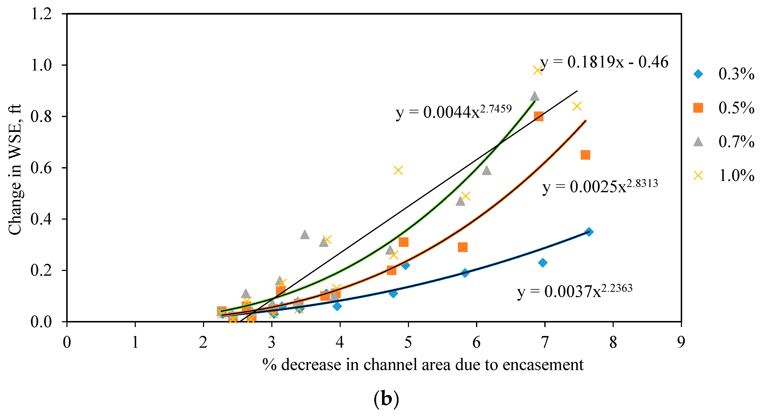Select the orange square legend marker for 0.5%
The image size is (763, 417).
click(x=698, y=108)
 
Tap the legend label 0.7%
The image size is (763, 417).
click(x=736, y=142)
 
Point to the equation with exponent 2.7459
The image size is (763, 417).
click(x=453, y=112)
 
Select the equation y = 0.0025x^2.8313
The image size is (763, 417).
click(x=600, y=186)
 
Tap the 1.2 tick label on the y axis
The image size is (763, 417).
click(x=42, y=14)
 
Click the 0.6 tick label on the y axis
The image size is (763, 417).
click(x=42, y=168)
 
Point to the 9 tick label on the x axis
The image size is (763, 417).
click(x=681, y=342)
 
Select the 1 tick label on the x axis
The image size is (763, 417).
click(x=135, y=342)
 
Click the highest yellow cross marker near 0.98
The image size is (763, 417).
click(x=537, y=70)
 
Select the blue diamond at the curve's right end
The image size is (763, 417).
click(x=589, y=232)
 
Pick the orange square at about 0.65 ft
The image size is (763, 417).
click(x=585, y=155)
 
